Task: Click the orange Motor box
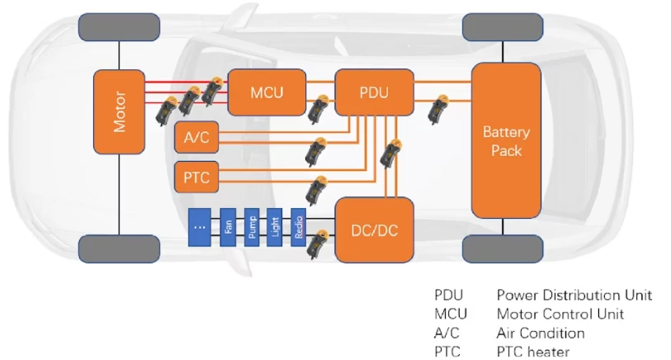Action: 119,111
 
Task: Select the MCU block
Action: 267,92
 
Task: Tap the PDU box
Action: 375,92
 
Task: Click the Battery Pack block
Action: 506,140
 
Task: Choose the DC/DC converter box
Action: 375,230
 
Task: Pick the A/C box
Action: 196,137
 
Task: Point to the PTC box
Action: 196,178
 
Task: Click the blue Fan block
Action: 228,227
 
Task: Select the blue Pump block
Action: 252,227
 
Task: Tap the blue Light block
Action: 275,227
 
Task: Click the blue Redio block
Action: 298,227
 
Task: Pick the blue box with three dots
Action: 200,227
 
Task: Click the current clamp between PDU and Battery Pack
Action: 438,110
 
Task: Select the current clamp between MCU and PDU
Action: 318,109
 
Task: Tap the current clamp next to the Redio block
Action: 317,244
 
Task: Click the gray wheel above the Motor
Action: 120,27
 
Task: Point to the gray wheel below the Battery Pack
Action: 503,249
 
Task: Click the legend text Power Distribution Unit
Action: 574,295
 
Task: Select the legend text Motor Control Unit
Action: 560,315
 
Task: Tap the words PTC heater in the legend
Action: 533,352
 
